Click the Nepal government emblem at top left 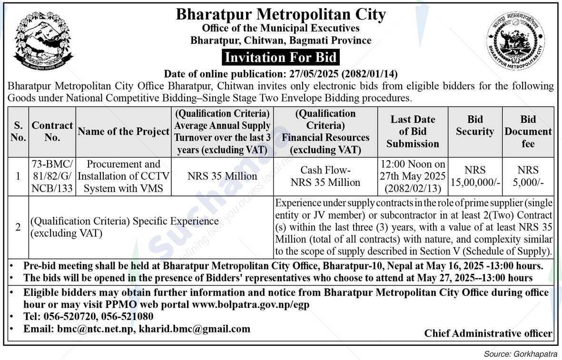43,41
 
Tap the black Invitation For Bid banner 281,58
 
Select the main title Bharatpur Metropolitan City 281,14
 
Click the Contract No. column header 52,131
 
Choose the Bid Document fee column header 528,131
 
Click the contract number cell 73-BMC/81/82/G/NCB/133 52,176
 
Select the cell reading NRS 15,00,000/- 475,176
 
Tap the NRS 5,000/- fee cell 528,176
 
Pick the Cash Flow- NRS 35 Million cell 325,176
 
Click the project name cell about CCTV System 123,176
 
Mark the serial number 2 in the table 18,227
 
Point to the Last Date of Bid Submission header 413,131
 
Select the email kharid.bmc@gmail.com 195,329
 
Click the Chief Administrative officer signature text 488,333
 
